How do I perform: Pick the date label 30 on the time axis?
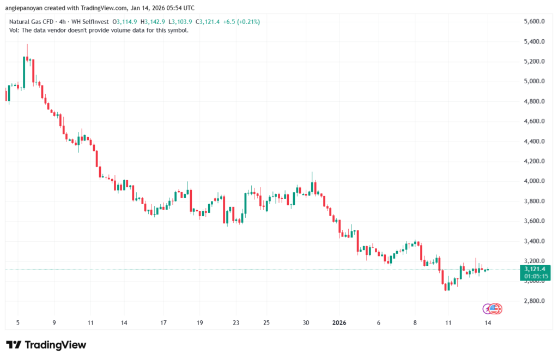[x=306, y=322]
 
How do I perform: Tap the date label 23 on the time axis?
[x=236, y=322]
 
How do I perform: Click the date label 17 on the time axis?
[x=163, y=322]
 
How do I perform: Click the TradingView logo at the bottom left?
[x=46, y=345]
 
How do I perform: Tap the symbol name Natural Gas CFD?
[x=32, y=22]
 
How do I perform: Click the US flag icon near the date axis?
[x=494, y=309]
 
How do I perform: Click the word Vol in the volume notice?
[x=15, y=30]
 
